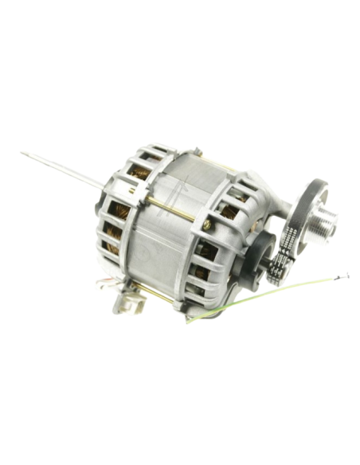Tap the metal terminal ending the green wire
(346, 275)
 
